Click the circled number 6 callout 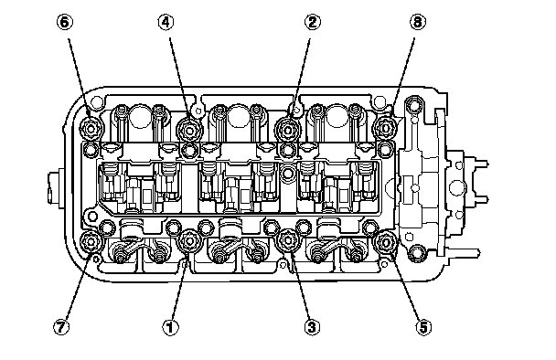tap(65, 22)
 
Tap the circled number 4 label tap(166, 22)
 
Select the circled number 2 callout tap(313, 22)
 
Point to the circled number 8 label tap(418, 22)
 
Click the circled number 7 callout tap(61, 327)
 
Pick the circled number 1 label tap(171, 327)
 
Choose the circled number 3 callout tap(312, 327)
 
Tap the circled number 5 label tap(423, 327)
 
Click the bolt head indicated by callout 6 tap(91, 128)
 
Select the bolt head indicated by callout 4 tap(189, 130)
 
